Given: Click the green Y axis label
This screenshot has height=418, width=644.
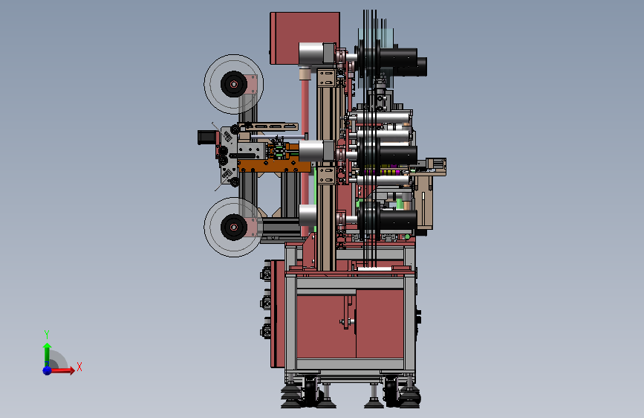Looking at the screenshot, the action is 47,334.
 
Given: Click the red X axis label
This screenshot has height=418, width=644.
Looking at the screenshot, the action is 79,367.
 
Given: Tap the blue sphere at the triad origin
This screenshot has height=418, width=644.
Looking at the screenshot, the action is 48,370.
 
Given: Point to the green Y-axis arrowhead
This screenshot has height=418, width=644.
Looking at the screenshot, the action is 48,347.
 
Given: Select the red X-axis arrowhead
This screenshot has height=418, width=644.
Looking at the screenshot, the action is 72,370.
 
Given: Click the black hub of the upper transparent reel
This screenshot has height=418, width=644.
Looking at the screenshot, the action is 234,84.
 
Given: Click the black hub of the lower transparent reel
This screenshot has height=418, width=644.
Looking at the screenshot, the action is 234,227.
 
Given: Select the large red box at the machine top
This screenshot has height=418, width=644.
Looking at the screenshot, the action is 305,38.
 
